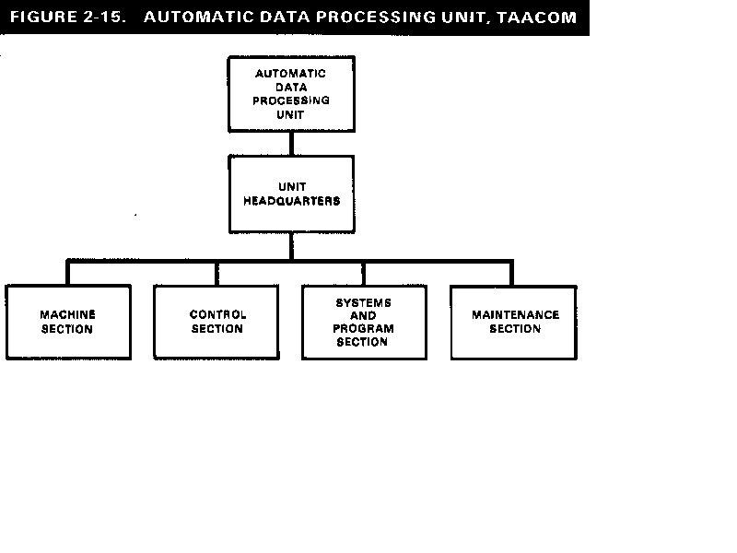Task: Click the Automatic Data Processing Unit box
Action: tap(291, 93)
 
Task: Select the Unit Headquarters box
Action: tap(291, 193)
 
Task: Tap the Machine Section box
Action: tap(67, 322)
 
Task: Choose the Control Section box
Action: tap(216, 322)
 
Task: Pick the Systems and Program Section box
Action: tap(364, 322)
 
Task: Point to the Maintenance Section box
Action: tap(514, 322)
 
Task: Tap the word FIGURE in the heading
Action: tap(41, 18)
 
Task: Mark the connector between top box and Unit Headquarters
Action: tap(291, 143)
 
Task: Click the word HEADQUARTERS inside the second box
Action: tap(291, 200)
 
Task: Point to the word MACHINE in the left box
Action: tap(67, 314)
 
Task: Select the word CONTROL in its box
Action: tap(217, 314)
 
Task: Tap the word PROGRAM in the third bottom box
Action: tap(363, 328)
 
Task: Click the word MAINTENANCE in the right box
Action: tap(515, 314)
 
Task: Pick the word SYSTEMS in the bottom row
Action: tap(363, 302)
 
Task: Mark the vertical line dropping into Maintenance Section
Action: tap(511, 273)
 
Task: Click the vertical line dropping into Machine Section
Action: tap(67, 273)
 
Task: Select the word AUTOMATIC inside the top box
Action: tap(291, 73)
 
